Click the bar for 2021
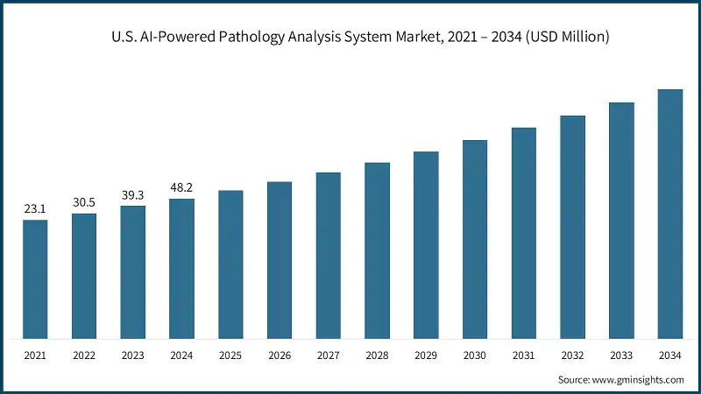35,278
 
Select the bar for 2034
670,214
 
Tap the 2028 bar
377,250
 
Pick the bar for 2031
524,233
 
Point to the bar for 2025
230,264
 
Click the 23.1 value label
35,210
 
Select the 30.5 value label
84,203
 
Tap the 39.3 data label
133,196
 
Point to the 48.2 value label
181,189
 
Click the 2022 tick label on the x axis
84,356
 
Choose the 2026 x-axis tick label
280,356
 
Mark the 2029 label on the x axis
426,356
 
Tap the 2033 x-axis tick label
621,356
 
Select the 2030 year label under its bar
475,356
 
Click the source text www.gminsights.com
639,379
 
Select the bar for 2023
133,271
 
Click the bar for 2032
572,227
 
